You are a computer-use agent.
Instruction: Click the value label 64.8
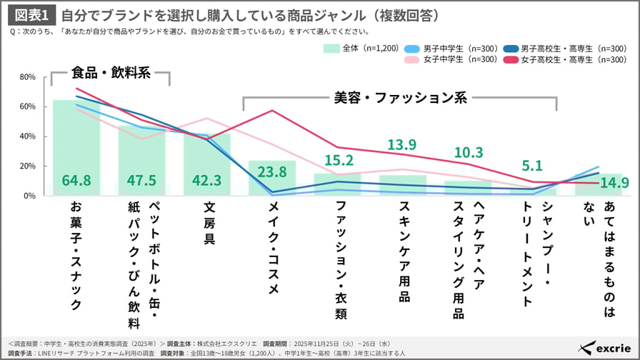click(76, 181)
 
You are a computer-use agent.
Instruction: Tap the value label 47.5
click(141, 181)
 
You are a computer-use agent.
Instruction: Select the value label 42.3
click(206, 181)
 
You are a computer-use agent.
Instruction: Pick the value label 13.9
click(402, 145)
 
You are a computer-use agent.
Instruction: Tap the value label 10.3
click(468, 152)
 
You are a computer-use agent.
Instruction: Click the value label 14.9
click(614, 183)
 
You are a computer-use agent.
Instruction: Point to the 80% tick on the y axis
click(28, 77)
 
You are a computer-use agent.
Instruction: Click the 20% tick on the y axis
click(28, 166)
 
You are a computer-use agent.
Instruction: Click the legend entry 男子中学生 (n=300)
click(442, 48)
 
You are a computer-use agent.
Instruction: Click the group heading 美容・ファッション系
click(400, 98)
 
